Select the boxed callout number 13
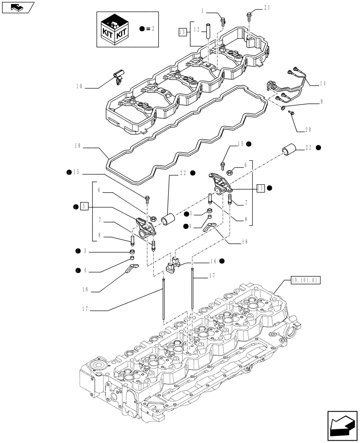point(182,31)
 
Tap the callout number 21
point(266,8)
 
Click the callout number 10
point(80,87)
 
